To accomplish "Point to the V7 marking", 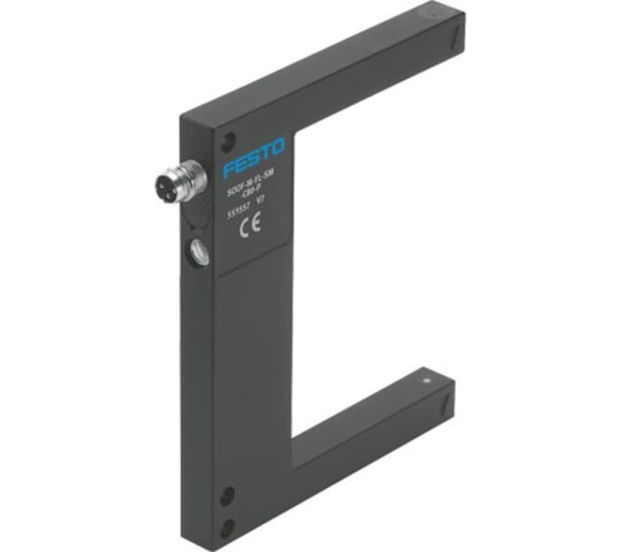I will [260, 201].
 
